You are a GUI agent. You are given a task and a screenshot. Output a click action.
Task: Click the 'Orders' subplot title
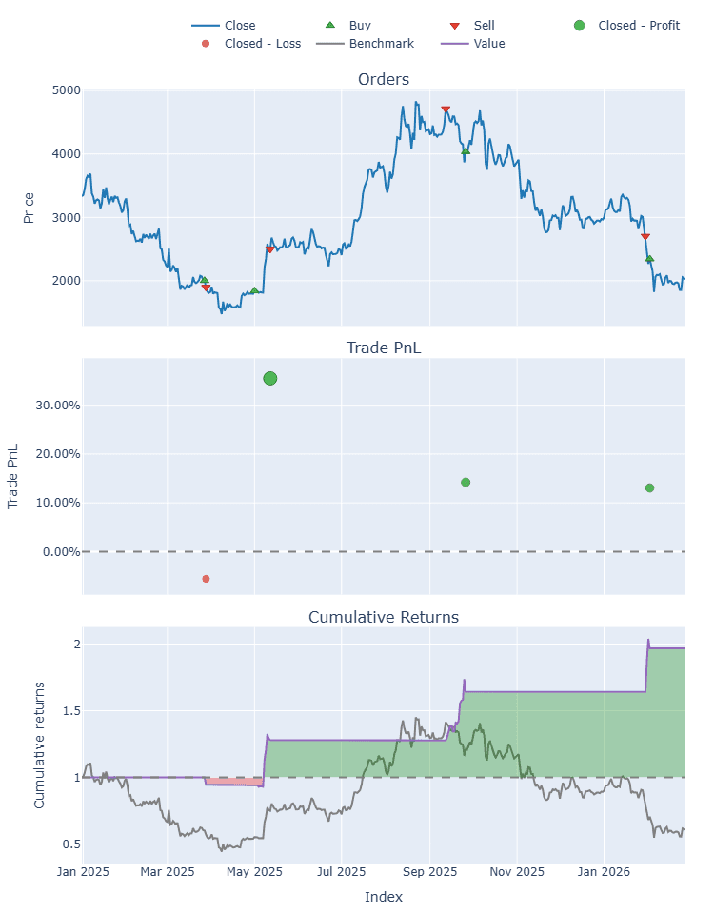pyautogui.click(x=384, y=79)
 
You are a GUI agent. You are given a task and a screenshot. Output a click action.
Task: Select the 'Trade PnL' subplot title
pyautogui.click(x=384, y=348)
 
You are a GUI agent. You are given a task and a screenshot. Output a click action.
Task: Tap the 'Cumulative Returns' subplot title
pyautogui.click(x=384, y=617)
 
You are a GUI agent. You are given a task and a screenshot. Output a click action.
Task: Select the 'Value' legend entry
pyautogui.click(x=488, y=43)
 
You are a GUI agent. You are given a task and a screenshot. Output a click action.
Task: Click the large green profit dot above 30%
pyautogui.click(x=269, y=379)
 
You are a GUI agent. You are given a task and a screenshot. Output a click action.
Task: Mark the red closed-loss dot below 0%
pyautogui.click(x=206, y=579)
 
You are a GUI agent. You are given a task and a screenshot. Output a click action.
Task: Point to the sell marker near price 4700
pyautogui.click(x=446, y=109)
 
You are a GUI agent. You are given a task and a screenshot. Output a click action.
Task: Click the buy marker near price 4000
pyautogui.click(x=466, y=151)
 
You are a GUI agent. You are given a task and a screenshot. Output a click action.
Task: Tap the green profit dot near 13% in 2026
pyautogui.click(x=649, y=487)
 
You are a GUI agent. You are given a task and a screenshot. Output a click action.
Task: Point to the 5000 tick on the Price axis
pyautogui.click(x=66, y=90)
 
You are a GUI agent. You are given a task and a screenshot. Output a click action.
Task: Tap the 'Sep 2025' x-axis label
pyautogui.click(x=429, y=870)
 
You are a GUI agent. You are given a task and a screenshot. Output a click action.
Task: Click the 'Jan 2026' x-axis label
pyautogui.click(x=604, y=870)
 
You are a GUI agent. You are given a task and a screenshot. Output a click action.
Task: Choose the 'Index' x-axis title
pyautogui.click(x=384, y=897)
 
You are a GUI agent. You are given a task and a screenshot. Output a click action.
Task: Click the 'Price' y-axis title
pyautogui.click(x=29, y=208)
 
